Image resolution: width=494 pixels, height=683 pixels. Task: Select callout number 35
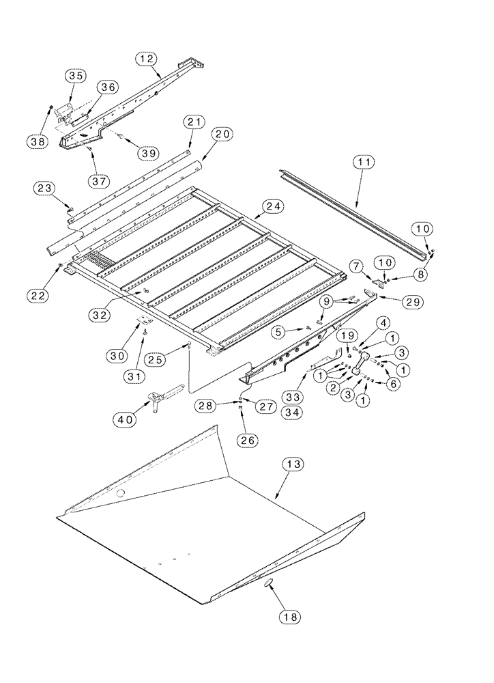point(76,76)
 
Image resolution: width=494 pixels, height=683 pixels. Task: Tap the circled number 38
point(37,141)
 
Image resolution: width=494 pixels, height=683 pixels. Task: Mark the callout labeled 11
point(364,163)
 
